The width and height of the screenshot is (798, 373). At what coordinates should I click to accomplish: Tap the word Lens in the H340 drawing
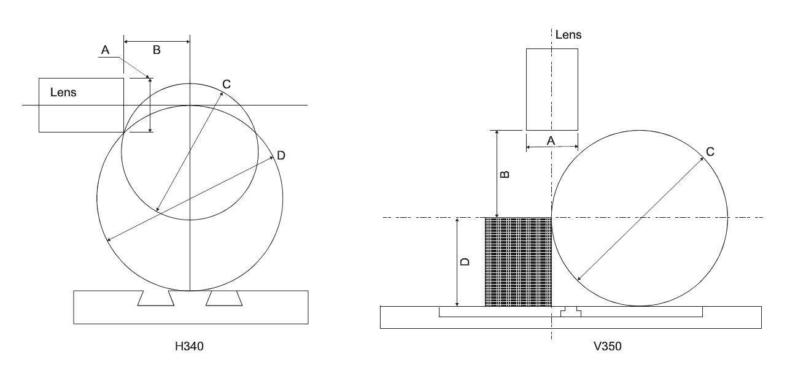pos(64,92)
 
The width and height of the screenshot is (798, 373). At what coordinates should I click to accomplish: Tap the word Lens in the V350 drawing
pos(568,35)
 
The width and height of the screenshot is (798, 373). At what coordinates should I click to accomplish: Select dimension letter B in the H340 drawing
pos(157,50)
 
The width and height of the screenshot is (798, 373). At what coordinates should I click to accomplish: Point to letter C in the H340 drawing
pos(227,85)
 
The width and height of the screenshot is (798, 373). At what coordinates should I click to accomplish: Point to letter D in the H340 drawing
pos(281,156)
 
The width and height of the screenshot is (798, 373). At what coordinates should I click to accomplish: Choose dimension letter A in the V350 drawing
pos(551,140)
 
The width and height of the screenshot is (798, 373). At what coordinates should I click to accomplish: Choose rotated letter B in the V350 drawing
pos(504,174)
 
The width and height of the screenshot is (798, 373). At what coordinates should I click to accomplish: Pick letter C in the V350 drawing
pos(710,152)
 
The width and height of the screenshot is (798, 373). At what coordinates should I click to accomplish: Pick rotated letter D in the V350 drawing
pos(465,261)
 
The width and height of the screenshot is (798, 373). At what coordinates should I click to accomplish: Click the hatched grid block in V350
pos(518,262)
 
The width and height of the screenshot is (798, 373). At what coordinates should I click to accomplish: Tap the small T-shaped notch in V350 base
pos(570,312)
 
